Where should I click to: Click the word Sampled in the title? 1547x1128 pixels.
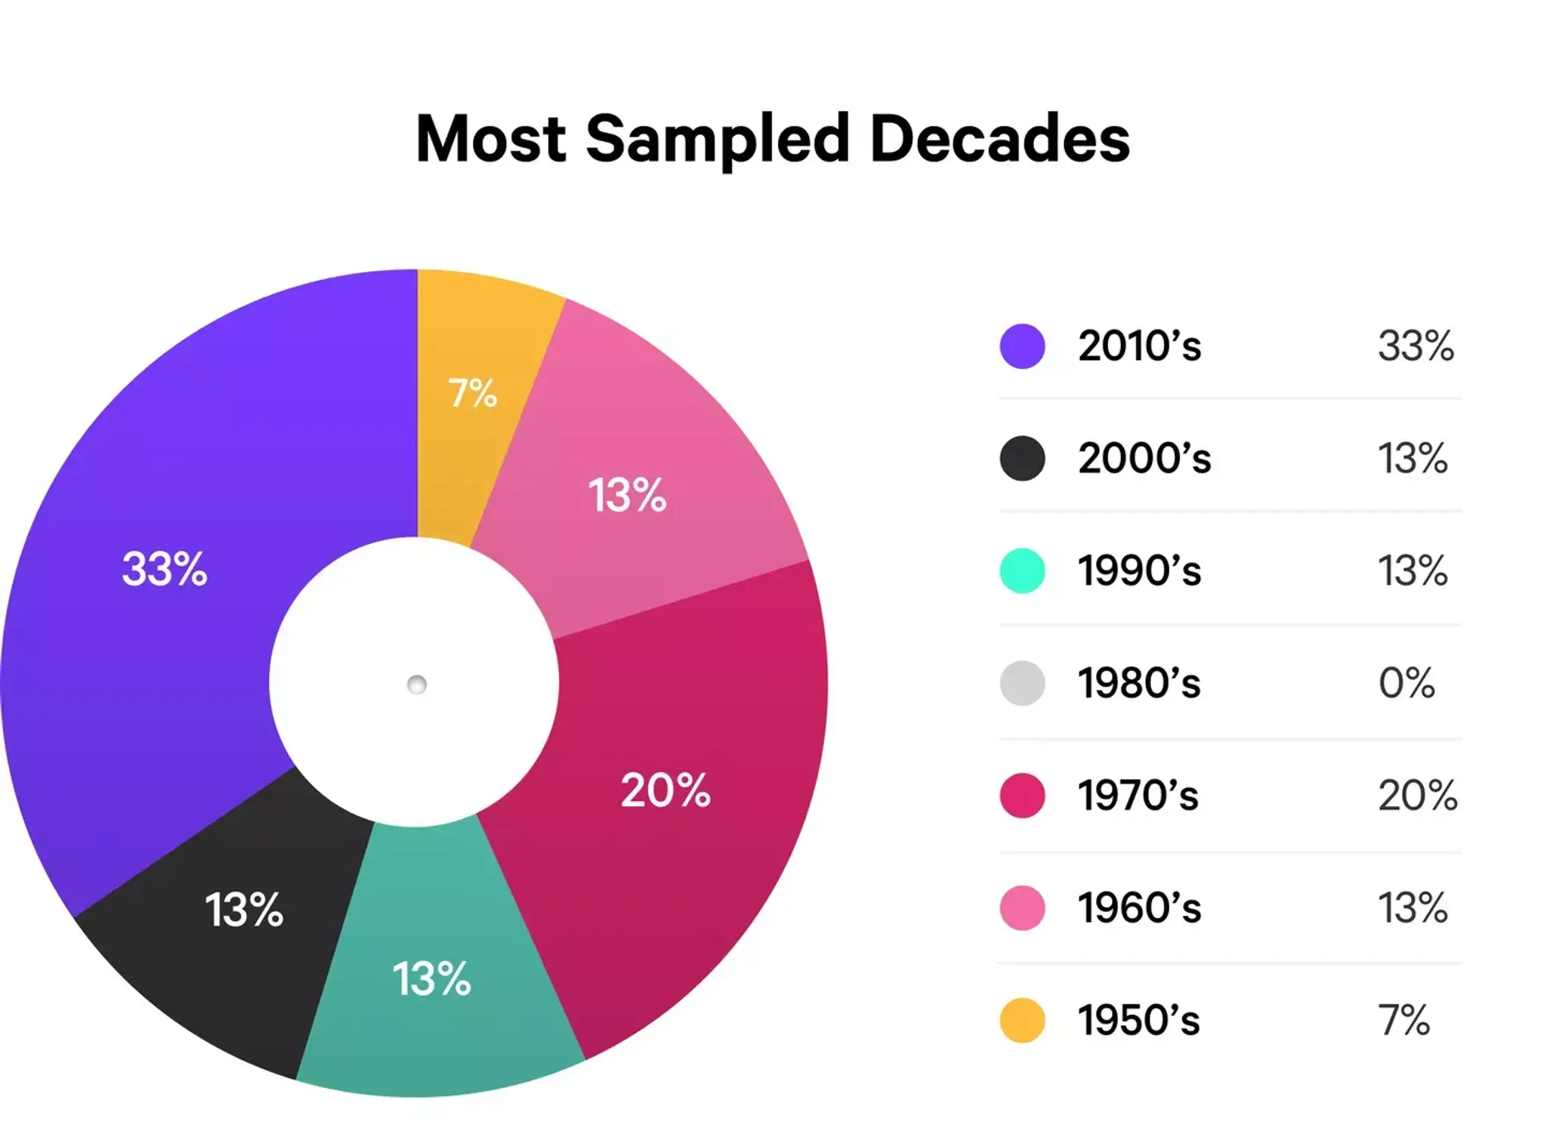pyautogui.click(x=717, y=140)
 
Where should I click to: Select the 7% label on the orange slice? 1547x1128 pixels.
pyautogui.click(x=473, y=393)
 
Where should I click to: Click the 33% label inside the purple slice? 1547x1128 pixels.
pyautogui.click(x=164, y=569)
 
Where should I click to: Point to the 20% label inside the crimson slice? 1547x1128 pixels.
pyautogui.click(x=665, y=790)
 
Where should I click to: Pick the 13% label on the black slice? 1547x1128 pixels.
pyautogui.click(x=244, y=909)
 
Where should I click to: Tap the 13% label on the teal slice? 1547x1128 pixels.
pyautogui.click(x=431, y=978)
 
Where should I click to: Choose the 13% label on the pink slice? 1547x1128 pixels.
pyautogui.click(x=627, y=496)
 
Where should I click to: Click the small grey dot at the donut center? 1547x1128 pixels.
pyautogui.click(x=416, y=685)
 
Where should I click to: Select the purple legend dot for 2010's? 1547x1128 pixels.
pyautogui.click(x=1022, y=346)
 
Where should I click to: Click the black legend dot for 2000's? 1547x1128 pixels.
pyautogui.click(x=1022, y=458)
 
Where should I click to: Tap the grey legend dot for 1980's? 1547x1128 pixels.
pyautogui.click(x=1022, y=683)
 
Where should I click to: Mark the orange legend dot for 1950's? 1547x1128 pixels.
pyautogui.click(x=1022, y=1020)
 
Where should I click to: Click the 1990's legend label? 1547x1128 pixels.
pyautogui.click(x=1139, y=570)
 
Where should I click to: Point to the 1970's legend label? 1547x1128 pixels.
pyautogui.click(x=1138, y=796)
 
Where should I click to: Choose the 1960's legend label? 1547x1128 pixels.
pyautogui.click(x=1139, y=907)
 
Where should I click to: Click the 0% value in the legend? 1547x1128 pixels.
pyautogui.click(x=1406, y=683)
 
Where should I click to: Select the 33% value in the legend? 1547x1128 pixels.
pyautogui.click(x=1416, y=346)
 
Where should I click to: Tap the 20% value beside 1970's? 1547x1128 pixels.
pyautogui.click(x=1417, y=796)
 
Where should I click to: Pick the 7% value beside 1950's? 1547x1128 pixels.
pyautogui.click(x=1403, y=1020)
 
